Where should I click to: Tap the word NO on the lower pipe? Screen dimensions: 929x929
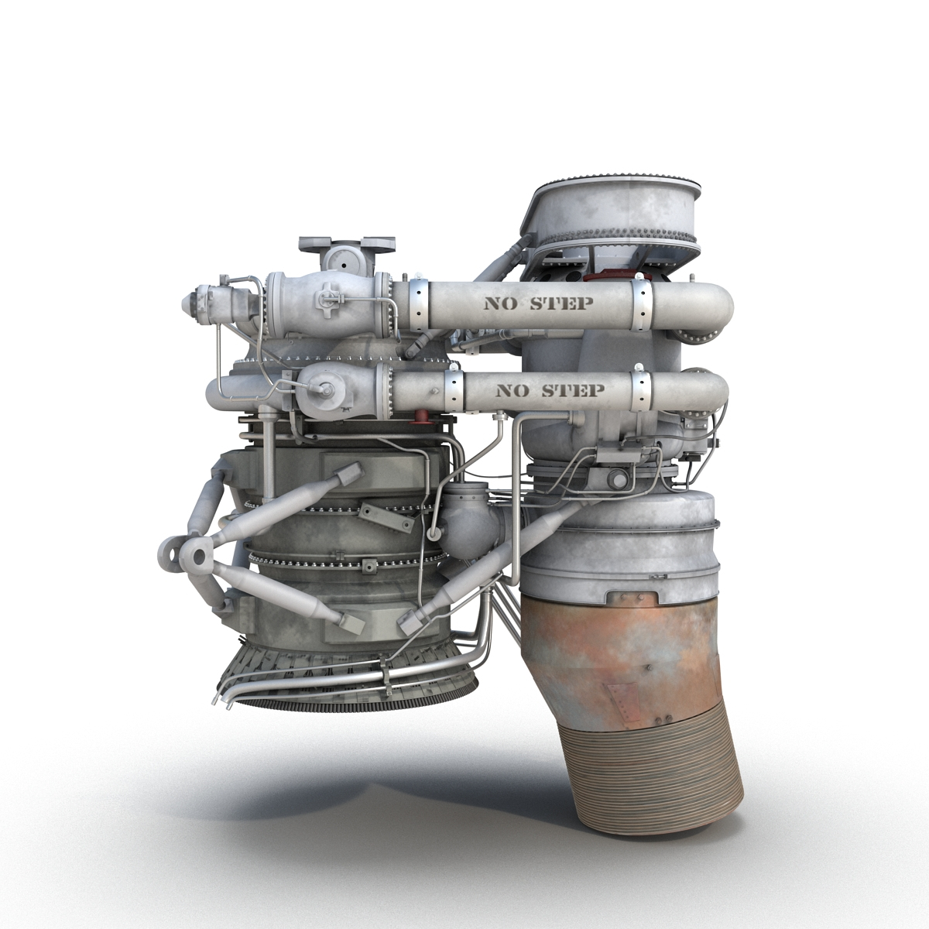509,390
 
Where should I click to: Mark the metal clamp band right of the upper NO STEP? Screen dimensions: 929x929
643,303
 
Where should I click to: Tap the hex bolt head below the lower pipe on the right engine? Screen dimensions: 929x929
617,480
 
